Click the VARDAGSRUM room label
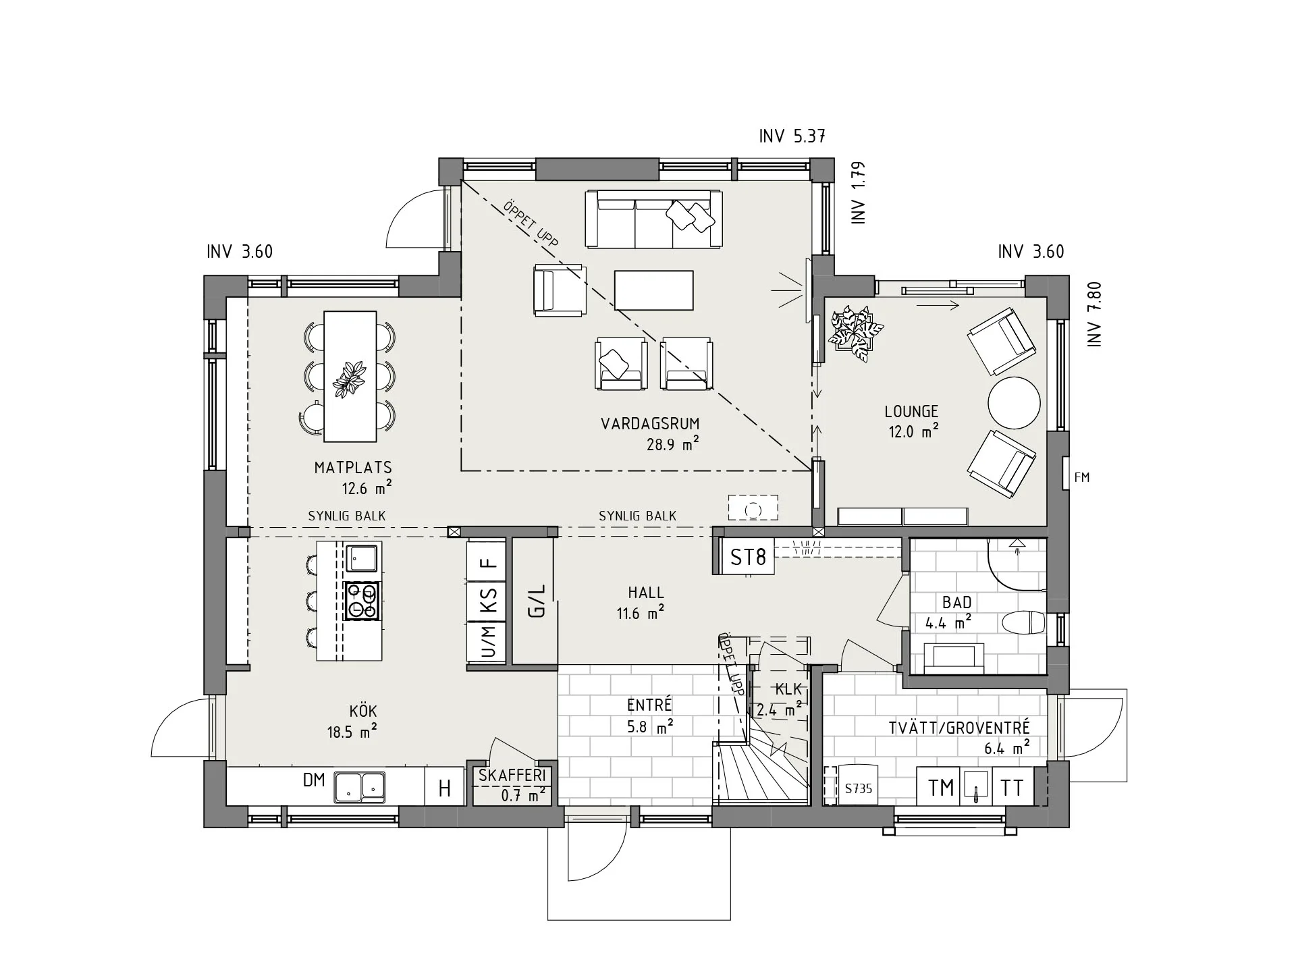650,424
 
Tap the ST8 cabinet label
748,558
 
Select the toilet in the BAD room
1023,623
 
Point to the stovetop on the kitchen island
361,601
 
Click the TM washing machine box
941,787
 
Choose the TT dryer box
1012,787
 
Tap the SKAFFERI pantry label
512,776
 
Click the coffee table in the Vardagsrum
653,290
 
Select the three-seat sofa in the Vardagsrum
653,219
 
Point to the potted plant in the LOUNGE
855,333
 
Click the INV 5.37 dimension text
792,136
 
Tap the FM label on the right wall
1081,477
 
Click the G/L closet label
536,601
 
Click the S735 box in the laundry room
858,787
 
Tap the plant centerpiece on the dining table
350,379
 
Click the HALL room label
646,593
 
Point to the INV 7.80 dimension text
1094,315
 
